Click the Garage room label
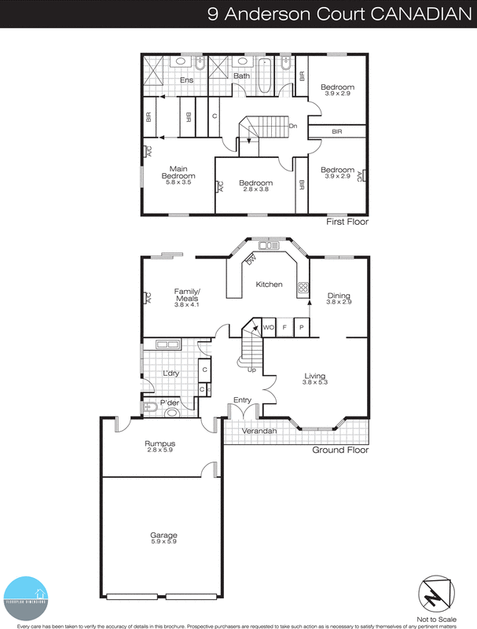(x=163, y=539)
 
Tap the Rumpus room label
(x=160, y=447)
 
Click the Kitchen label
(x=269, y=284)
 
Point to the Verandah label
(x=259, y=431)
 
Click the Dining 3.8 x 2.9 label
(x=339, y=299)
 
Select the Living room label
(x=314, y=380)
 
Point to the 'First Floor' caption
(x=347, y=223)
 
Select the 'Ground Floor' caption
(x=340, y=451)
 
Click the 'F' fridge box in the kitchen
(x=284, y=326)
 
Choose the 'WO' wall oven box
(x=268, y=326)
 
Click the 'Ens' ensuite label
(x=186, y=80)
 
